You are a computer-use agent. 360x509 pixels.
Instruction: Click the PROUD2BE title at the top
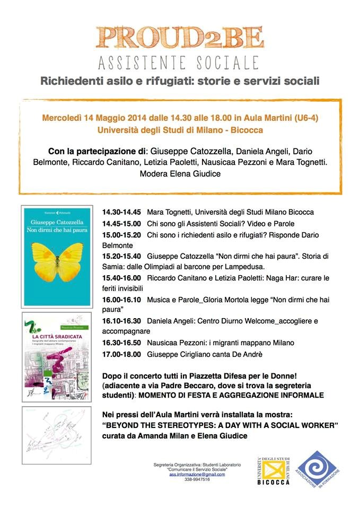pyautogui.click(x=180, y=37)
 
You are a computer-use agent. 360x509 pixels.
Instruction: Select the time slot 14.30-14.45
pyautogui.click(x=122, y=212)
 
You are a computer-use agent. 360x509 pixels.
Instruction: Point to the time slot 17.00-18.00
pyautogui.click(x=122, y=354)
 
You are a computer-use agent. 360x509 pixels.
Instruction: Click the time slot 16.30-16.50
pyautogui.click(x=122, y=343)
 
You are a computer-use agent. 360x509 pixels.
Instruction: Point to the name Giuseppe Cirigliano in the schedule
pyautogui.click(x=182, y=354)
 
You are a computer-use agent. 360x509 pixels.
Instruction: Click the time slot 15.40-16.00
pyautogui.click(x=122, y=278)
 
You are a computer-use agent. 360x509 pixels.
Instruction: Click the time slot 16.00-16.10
pyautogui.click(x=122, y=300)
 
